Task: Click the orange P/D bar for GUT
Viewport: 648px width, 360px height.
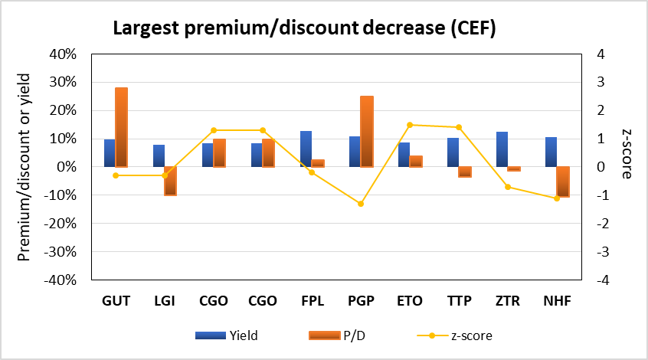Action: click(121, 127)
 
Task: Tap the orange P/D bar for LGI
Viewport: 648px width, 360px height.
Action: click(170, 181)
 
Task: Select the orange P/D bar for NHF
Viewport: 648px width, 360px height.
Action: click(562, 182)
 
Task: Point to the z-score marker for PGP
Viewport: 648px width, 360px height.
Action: click(361, 204)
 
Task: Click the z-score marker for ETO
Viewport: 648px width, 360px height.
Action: click(410, 125)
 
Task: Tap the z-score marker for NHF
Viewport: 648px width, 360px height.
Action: click(557, 198)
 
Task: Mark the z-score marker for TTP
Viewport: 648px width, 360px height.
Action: click(459, 127)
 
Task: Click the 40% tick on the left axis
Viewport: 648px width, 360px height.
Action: click(65, 54)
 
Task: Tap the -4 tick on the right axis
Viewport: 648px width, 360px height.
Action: click(602, 280)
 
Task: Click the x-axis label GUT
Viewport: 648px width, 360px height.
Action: click(116, 301)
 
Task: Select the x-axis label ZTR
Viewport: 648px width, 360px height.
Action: click(508, 301)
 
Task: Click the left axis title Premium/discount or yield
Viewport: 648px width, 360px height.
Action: click(25, 167)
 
